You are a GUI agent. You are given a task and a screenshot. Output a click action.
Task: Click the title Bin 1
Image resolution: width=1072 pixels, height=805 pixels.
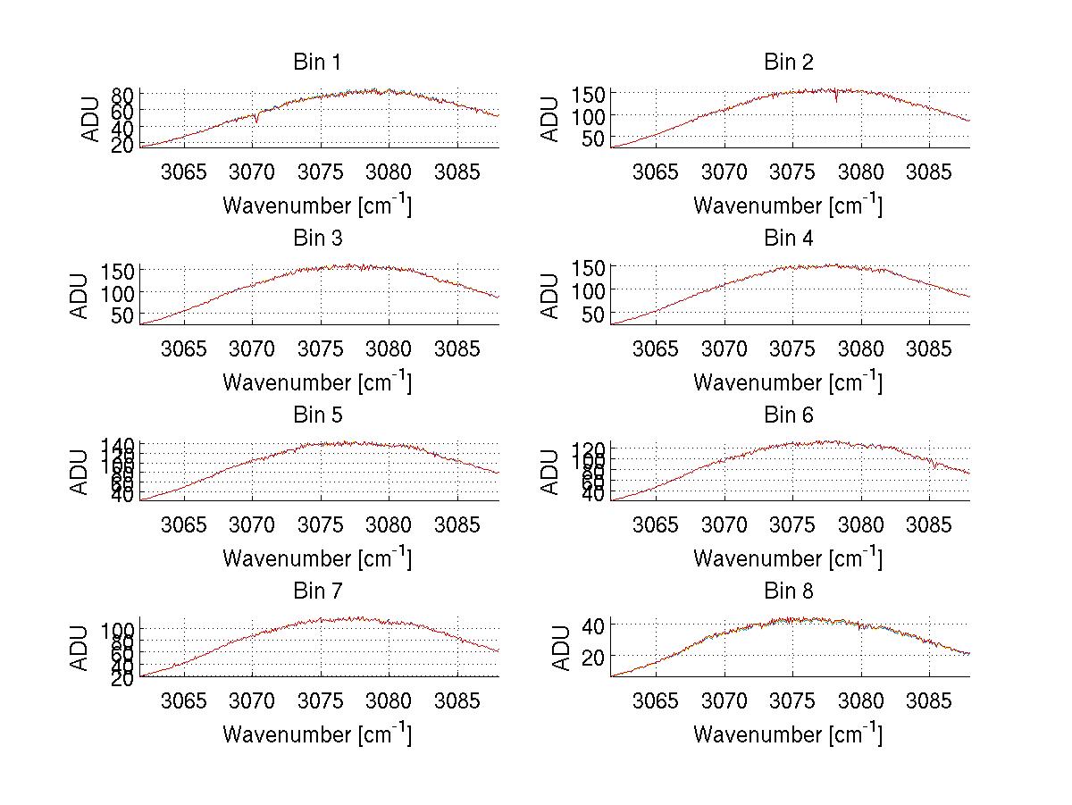317,63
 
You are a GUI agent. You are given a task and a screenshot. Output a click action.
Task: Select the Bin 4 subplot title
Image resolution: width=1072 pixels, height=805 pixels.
788,239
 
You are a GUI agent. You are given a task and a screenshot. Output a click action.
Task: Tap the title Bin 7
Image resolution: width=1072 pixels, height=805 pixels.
317,591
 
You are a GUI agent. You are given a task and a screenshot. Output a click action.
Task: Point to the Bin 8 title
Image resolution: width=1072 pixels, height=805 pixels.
788,591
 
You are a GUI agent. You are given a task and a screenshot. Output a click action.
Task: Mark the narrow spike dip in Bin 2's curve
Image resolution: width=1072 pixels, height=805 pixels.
836,99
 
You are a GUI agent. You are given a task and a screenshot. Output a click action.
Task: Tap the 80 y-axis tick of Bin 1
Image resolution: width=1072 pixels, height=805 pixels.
124,94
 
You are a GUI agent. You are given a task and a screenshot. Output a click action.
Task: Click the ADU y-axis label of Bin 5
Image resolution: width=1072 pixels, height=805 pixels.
81,471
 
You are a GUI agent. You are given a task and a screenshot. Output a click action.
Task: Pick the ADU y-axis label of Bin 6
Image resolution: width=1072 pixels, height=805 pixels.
551,471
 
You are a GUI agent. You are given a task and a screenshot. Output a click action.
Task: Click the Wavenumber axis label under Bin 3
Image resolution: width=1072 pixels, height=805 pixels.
317,382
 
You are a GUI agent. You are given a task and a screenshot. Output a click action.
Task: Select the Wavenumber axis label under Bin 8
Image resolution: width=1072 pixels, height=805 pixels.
788,734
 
